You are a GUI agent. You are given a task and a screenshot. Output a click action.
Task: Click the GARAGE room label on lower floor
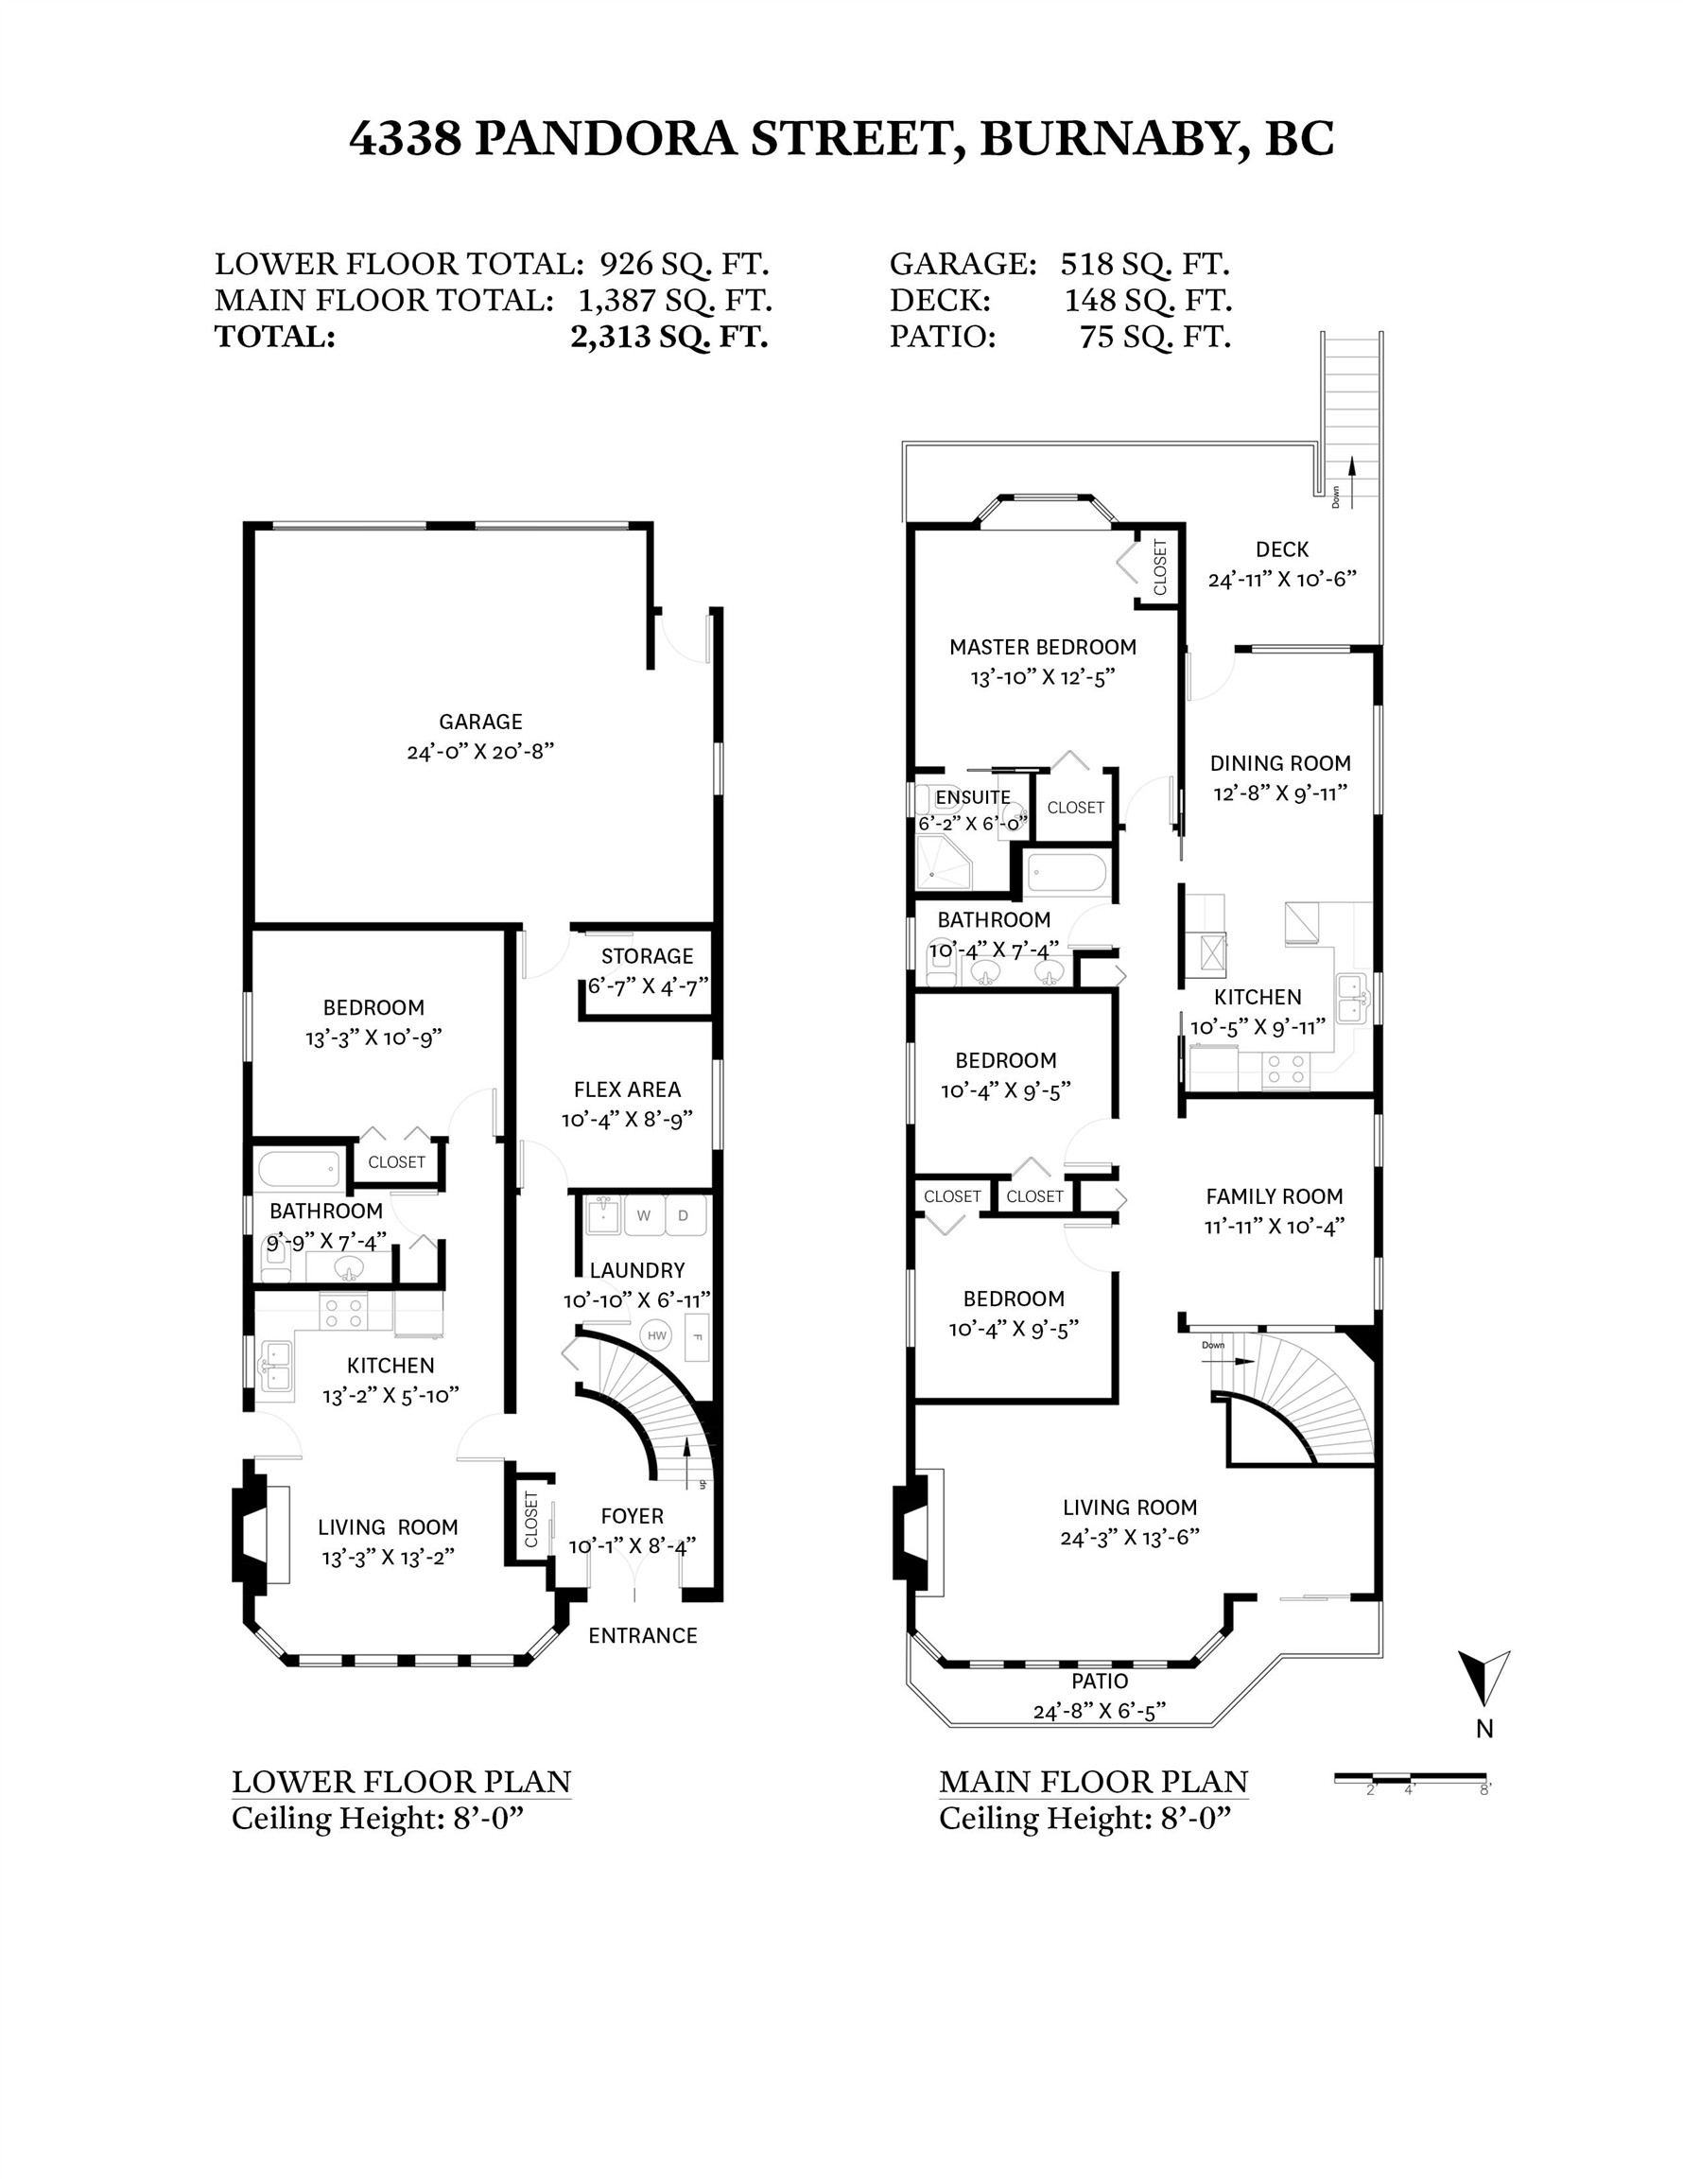480,722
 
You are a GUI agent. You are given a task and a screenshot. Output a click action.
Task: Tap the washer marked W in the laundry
644,1215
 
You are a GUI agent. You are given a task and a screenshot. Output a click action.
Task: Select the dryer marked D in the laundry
684,1215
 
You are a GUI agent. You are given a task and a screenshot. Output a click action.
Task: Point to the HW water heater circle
655,1336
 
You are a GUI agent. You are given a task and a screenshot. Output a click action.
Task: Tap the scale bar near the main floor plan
1410,1777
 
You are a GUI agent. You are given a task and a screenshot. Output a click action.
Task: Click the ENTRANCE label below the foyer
643,1635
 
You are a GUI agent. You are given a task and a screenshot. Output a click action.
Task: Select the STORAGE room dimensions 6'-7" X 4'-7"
648,985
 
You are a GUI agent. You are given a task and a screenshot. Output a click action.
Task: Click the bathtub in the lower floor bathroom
301,1169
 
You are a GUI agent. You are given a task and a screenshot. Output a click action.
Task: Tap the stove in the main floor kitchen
1285,1071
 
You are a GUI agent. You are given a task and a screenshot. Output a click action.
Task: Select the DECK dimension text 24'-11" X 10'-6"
1282,580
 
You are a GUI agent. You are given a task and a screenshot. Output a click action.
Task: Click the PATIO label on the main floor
1100,1682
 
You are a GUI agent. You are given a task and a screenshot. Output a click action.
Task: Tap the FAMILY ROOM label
1274,1196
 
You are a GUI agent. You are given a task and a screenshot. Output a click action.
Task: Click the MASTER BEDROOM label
1043,647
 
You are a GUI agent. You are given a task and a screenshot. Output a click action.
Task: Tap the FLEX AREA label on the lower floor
627,1089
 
